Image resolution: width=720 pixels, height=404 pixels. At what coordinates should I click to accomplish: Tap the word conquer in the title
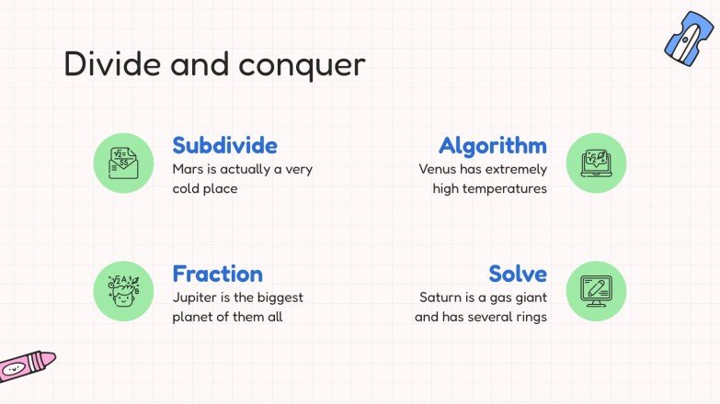point(303,66)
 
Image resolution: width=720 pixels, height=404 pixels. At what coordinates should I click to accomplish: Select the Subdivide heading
point(224,145)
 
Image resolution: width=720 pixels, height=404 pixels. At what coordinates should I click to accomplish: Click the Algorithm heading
point(492,145)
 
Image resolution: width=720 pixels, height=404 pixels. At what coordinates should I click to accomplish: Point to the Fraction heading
point(217,274)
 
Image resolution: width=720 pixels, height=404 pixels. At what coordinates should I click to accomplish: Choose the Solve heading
point(518,274)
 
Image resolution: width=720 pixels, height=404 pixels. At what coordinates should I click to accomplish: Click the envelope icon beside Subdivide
point(123,163)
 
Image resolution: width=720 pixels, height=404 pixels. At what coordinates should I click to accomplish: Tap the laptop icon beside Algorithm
point(596,163)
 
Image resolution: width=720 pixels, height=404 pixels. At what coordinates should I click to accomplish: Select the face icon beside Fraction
point(123,291)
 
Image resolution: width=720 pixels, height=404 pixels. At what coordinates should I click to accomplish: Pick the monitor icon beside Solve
point(596,291)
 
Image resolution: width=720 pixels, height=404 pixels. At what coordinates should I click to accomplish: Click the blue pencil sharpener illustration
point(689,39)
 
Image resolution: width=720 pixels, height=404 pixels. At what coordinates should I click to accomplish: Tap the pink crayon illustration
point(24,365)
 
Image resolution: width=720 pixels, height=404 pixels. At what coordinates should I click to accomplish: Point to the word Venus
point(439,169)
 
